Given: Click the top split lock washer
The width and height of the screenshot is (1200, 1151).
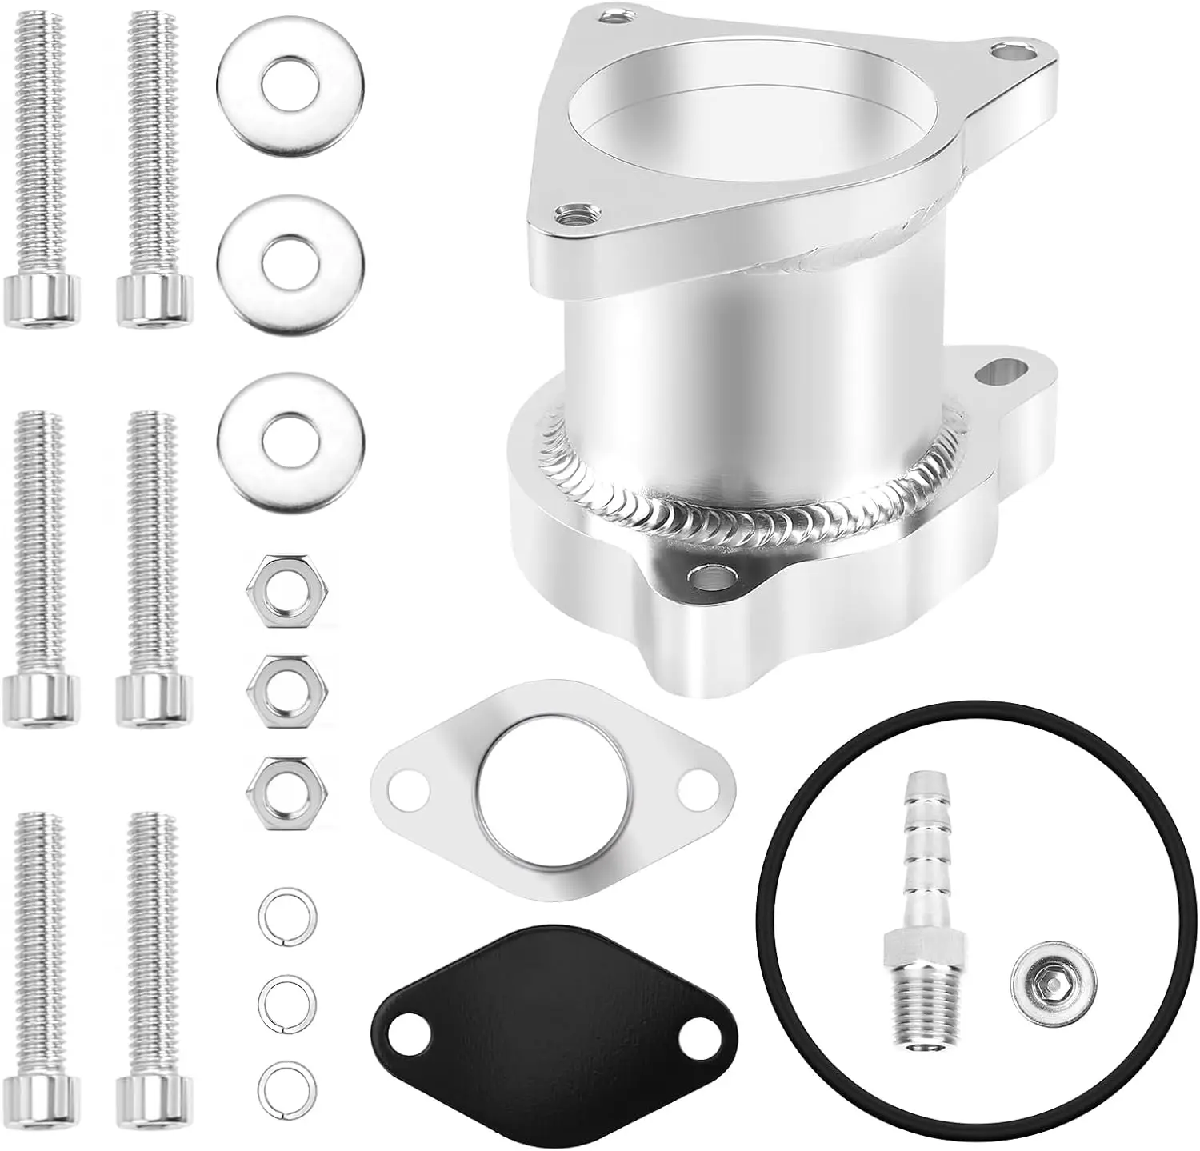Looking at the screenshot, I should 286,913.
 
